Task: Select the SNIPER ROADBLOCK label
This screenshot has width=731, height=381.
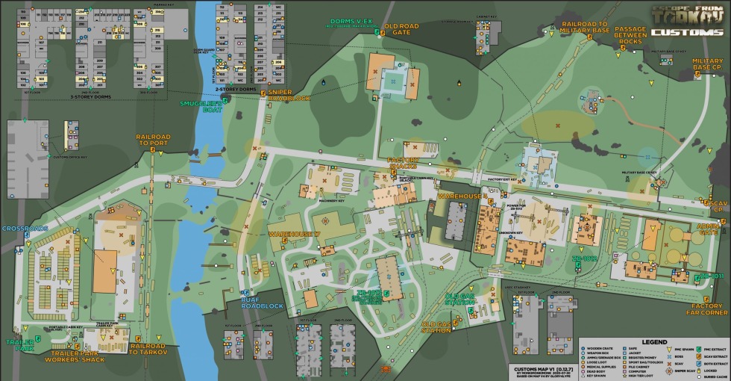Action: click(x=288, y=95)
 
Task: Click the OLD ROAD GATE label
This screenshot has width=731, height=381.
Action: click(x=403, y=29)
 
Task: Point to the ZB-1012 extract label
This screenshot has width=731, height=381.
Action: click(x=586, y=258)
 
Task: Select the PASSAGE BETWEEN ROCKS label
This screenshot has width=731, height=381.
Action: click(x=630, y=36)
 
